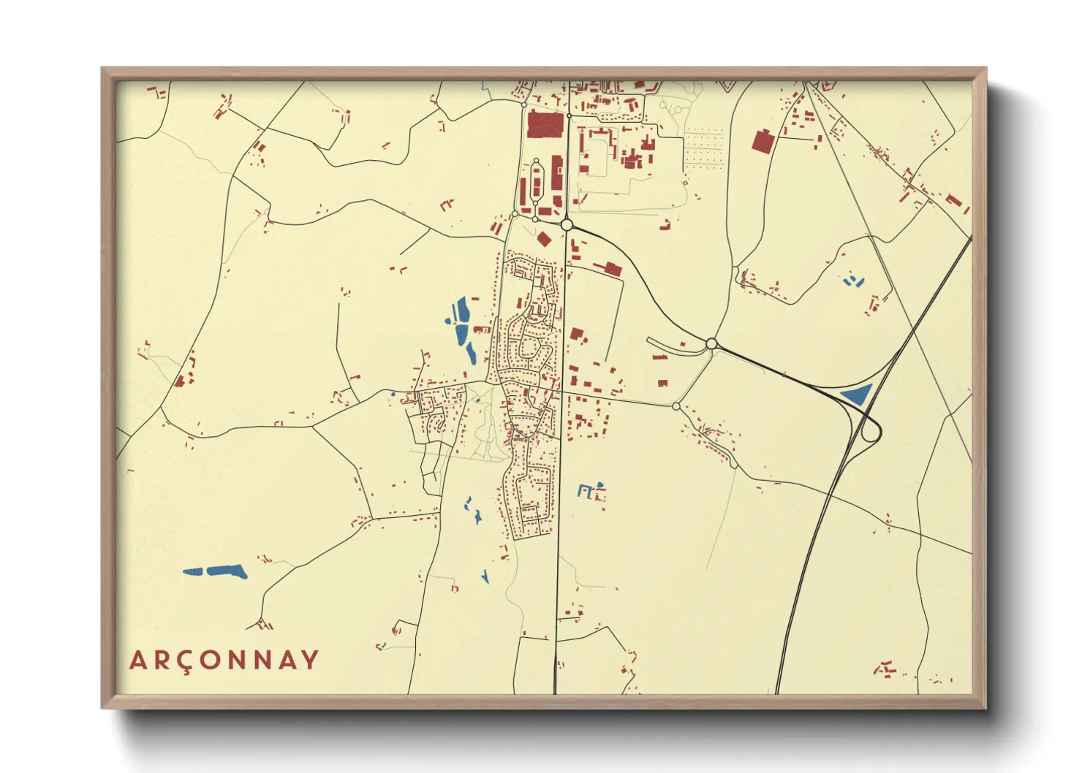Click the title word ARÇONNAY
point(224,660)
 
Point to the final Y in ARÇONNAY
point(309,660)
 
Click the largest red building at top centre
point(545,124)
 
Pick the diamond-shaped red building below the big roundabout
point(543,239)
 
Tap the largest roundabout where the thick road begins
point(567,225)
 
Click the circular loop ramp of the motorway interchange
point(870,432)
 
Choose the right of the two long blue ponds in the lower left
point(227,571)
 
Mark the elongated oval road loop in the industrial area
point(536,183)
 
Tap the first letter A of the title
point(138,660)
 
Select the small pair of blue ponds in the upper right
point(852,280)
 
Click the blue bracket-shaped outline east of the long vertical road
point(585,491)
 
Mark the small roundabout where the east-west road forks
point(676,405)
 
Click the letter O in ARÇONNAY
point(212,660)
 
